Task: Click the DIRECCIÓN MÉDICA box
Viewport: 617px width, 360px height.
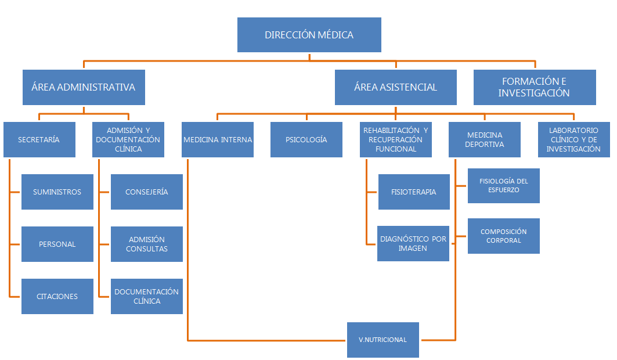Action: (x=309, y=35)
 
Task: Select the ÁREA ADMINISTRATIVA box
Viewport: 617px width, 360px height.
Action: (x=83, y=87)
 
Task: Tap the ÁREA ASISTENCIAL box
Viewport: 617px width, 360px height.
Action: (x=395, y=87)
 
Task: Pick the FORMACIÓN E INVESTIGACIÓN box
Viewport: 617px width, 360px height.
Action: (x=534, y=87)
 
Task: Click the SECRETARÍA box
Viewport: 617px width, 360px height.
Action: (x=39, y=139)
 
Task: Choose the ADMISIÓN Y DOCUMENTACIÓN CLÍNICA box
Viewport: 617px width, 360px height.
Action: (x=128, y=139)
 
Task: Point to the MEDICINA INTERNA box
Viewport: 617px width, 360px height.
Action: (x=218, y=139)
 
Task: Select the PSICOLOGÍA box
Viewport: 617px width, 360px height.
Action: (x=306, y=139)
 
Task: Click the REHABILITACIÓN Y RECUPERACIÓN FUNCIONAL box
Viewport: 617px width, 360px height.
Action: (x=395, y=139)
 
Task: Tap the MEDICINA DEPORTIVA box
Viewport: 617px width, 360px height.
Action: (x=485, y=139)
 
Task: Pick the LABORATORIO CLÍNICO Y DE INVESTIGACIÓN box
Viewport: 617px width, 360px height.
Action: (x=573, y=139)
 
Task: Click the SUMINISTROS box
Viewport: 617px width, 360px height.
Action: (x=57, y=192)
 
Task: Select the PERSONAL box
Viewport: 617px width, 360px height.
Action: (x=57, y=244)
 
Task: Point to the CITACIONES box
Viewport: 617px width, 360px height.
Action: (x=57, y=296)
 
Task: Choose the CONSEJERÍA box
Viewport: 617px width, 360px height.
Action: (x=146, y=192)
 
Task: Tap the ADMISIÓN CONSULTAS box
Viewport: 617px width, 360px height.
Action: (x=146, y=244)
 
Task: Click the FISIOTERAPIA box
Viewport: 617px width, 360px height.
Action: (x=414, y=192)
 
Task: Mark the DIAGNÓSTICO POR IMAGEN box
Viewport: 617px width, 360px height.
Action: (x=413, y=243)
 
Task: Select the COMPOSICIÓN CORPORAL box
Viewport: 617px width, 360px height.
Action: (x=503, y=236)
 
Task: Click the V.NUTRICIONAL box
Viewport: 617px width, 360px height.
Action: (x=383, y=340)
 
